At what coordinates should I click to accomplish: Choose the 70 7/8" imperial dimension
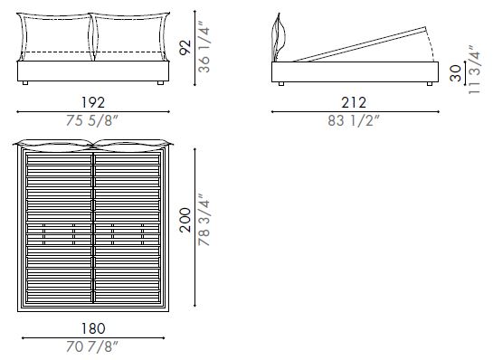click(x=92, y=347)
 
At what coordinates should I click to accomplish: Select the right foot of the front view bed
click(x=160, y=82)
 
